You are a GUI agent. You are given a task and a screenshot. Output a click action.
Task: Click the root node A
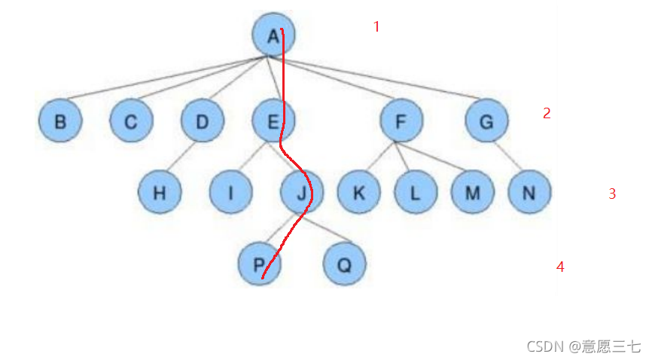point(273,35)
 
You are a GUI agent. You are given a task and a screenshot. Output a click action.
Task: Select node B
point(60,121)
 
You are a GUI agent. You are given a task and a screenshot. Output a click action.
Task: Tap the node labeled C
point(131,121)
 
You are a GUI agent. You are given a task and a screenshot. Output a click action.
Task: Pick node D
point(203,121)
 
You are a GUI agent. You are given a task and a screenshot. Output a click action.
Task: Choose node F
point(401,121)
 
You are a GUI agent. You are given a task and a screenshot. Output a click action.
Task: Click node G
point(486,121)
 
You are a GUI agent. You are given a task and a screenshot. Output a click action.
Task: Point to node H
point(160,193)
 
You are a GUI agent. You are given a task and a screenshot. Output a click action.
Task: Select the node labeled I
point(230,193)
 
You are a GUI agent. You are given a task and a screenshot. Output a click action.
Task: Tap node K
point(358,193)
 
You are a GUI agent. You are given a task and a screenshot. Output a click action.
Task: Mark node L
point(415,193)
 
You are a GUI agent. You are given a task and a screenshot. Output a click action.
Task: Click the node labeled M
point(472,193)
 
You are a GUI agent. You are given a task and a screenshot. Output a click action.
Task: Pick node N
point(529,193)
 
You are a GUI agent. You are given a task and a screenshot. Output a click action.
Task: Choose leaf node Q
point(344,264)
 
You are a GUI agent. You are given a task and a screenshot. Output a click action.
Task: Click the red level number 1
point(376,27)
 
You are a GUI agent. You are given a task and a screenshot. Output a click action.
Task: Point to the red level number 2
point(547,114)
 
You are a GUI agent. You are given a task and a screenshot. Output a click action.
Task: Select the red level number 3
point(612,194)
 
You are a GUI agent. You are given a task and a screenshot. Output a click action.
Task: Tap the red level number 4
point(560,267)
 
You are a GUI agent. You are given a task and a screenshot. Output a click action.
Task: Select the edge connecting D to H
point(181,157)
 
